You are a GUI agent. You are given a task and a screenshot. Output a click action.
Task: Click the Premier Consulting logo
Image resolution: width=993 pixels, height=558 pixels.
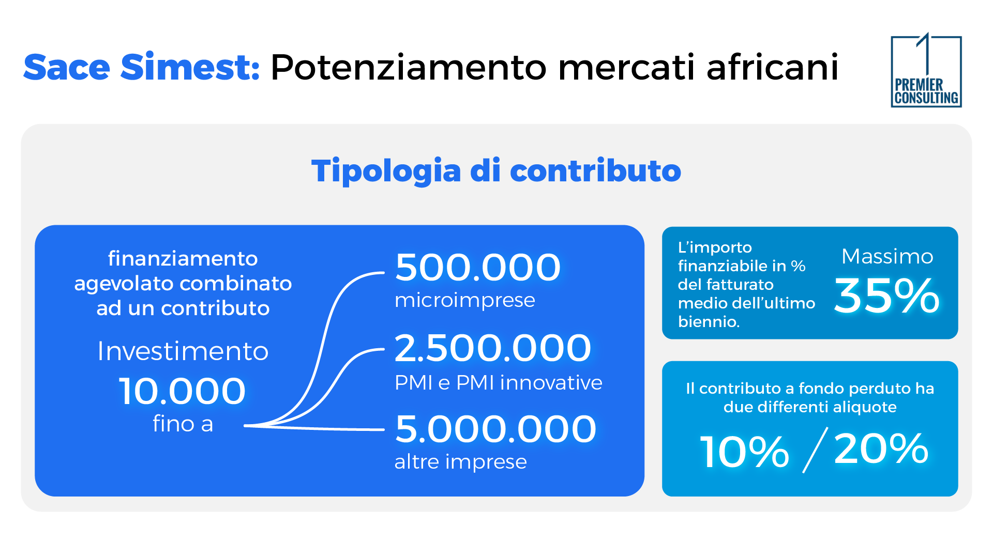tap(926, 71)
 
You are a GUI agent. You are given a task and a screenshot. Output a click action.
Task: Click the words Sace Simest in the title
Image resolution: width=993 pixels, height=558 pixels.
tap(141, 67)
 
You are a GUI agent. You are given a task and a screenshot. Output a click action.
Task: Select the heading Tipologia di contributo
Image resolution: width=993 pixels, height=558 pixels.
tap(496, 171)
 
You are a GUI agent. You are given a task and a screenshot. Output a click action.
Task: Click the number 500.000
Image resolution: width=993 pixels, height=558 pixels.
tap(477, 267)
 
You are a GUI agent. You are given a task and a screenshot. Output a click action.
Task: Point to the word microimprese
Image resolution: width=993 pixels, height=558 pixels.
tap(464, 300)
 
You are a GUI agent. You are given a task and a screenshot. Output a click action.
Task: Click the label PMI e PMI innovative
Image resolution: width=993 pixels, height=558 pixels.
tap(498, 383)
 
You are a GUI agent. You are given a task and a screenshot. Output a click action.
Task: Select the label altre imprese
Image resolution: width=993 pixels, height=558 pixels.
tap(460, 461)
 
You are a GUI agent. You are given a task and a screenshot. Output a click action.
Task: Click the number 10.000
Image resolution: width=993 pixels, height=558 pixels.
tap(182, 391)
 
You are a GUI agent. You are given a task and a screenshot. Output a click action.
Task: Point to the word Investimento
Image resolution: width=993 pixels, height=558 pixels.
tap(183, 351)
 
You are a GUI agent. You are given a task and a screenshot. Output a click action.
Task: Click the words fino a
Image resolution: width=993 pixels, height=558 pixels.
tap(183, 424)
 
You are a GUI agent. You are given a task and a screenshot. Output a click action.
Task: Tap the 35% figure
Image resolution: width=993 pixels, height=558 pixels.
tap(886, 296)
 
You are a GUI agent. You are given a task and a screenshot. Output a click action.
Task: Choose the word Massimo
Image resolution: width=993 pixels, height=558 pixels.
tap(887, 256)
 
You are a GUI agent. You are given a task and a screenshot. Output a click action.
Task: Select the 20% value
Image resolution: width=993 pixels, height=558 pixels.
tap(881, 449)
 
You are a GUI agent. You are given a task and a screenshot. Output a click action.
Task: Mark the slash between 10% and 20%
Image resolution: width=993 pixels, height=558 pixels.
tap(815, 450)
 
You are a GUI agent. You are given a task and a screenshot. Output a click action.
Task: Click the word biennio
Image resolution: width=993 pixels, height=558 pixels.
tap(708, 322)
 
